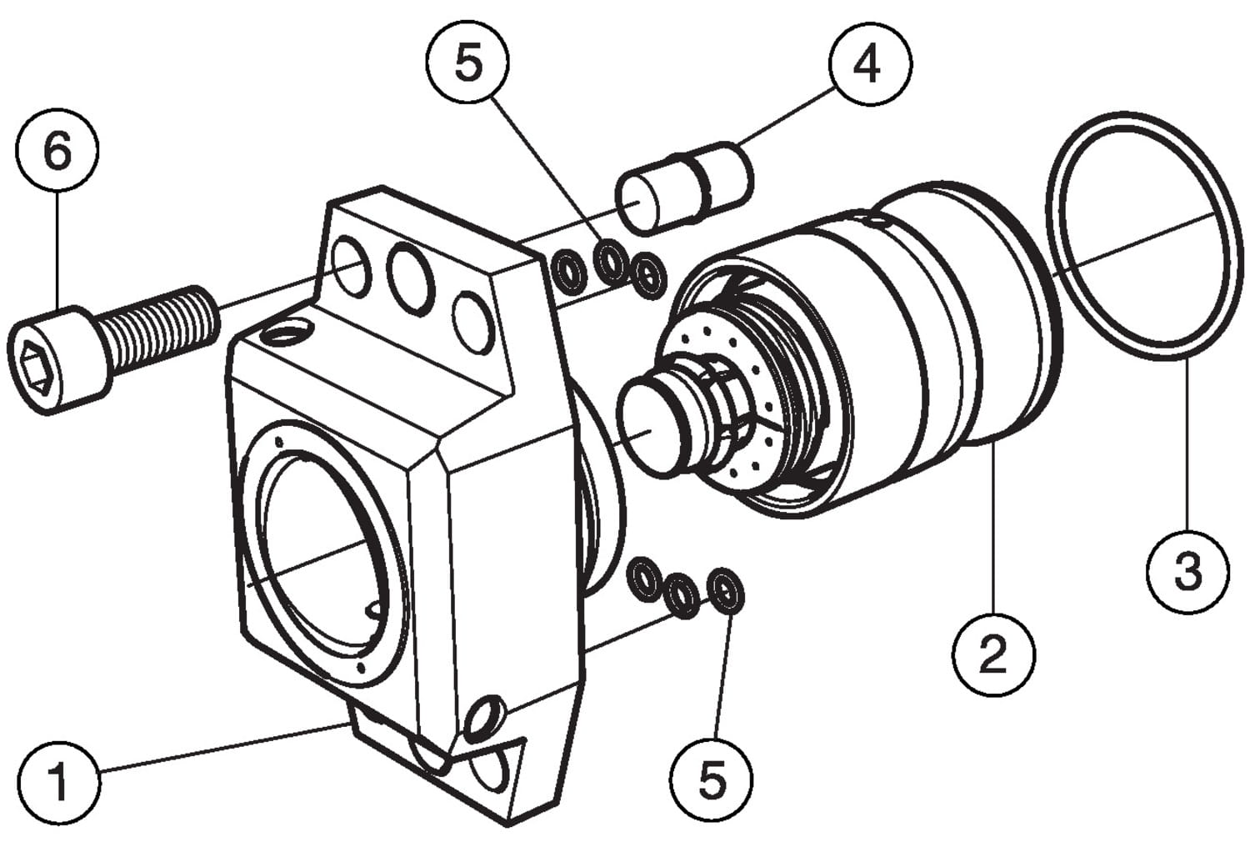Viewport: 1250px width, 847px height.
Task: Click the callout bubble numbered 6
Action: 57,152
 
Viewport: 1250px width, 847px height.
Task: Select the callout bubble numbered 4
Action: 869,63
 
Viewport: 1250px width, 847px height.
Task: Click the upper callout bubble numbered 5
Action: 468,63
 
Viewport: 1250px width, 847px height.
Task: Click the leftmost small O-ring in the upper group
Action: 571,272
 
